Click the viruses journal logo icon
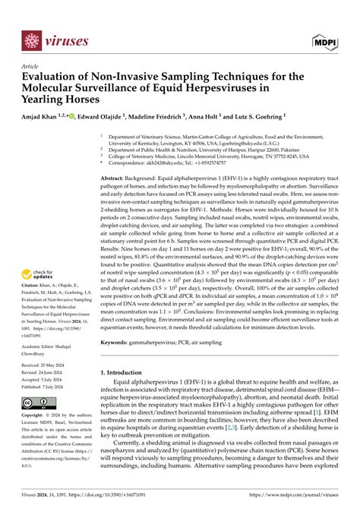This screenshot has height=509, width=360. coord(30,40)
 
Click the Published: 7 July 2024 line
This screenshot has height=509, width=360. coord(47,386)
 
